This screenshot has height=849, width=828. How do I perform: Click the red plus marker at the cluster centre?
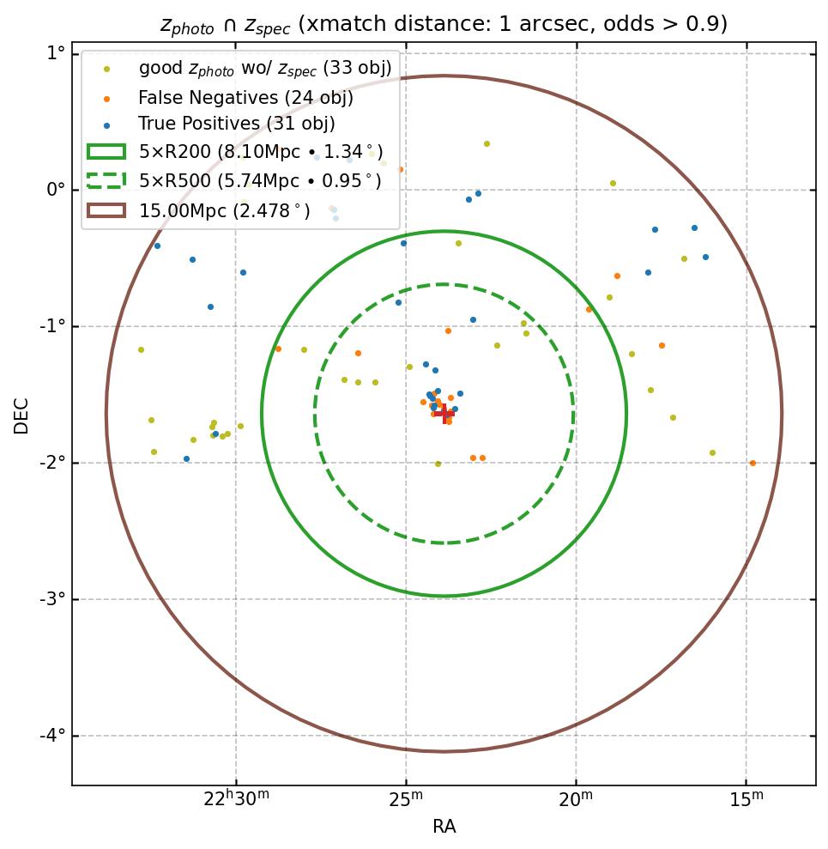pos(444,414)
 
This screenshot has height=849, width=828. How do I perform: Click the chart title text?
pos(444,24)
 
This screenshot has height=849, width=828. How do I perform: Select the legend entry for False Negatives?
pos(245,98)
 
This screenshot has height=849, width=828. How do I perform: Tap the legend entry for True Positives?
pos(237,124)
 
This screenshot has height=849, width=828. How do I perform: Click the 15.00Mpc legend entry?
pos(224,210)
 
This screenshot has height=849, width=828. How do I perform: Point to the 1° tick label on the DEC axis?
pos(56,53)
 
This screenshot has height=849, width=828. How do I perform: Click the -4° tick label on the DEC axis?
pos(52,736)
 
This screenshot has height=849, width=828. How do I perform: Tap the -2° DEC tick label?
pos(52,463)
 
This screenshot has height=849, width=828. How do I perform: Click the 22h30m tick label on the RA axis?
pos(235,799)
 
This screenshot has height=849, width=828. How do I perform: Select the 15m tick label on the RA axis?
pos(746,799)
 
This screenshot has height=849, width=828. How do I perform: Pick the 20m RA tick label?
pos(576,799)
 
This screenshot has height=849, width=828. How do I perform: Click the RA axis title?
pos(444,827)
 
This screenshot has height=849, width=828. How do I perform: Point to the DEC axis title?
pos(21,415)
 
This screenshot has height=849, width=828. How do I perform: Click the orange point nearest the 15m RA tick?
pos(752,464)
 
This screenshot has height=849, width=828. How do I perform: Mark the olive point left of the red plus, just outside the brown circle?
pos(141,350)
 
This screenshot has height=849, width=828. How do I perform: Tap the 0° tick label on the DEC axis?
pos(56,190)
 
